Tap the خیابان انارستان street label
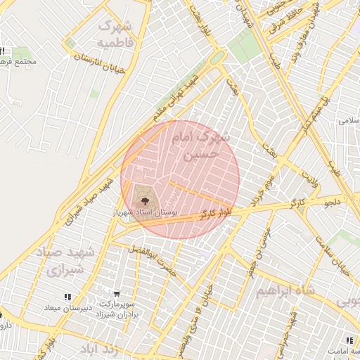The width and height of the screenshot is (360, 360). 99,64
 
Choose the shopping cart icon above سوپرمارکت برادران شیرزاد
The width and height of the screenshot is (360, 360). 117,294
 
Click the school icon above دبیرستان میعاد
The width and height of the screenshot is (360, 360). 67,297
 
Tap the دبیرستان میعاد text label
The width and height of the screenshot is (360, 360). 64,308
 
